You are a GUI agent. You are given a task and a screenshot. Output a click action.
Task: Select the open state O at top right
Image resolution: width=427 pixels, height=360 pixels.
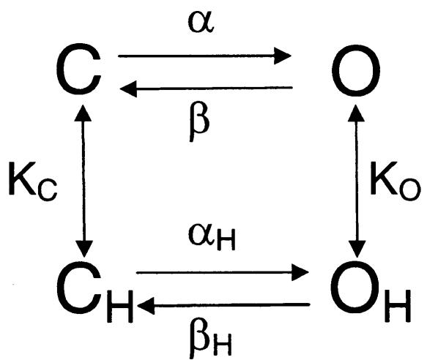(356, 70)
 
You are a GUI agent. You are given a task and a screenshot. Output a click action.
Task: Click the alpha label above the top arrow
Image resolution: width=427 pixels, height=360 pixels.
(201, 23)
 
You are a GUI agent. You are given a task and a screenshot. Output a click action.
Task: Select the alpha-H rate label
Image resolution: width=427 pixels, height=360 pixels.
(212, 237)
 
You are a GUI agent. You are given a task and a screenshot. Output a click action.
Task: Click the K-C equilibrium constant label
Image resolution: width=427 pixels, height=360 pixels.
(33, 181)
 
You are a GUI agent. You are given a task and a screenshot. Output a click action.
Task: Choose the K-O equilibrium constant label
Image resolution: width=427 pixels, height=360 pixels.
(395, 181)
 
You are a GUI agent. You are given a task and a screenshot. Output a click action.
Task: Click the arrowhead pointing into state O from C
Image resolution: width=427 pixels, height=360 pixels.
(283, 56)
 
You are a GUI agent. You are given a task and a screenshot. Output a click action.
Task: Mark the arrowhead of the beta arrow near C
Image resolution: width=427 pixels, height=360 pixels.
(128, 89)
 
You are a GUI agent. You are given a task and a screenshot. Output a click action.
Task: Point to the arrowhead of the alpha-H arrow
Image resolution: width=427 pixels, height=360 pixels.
(300, 272)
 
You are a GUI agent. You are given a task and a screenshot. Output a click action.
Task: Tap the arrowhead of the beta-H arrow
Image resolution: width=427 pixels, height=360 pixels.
(146, 306)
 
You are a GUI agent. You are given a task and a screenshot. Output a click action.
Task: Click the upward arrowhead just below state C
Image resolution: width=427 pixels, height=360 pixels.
(83, 113)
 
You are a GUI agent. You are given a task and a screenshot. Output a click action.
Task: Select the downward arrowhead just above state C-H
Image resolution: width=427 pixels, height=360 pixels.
(84, 249)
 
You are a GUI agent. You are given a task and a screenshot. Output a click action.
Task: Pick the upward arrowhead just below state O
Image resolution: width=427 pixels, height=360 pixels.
(356, 113)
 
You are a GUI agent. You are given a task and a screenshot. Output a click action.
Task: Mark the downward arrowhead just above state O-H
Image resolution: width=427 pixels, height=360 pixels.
(357, 249)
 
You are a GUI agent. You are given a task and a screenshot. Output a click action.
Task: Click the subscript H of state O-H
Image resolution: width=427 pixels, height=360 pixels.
(398, 306)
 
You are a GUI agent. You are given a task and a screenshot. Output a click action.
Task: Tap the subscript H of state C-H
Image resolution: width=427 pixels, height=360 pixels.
(120, 307)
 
